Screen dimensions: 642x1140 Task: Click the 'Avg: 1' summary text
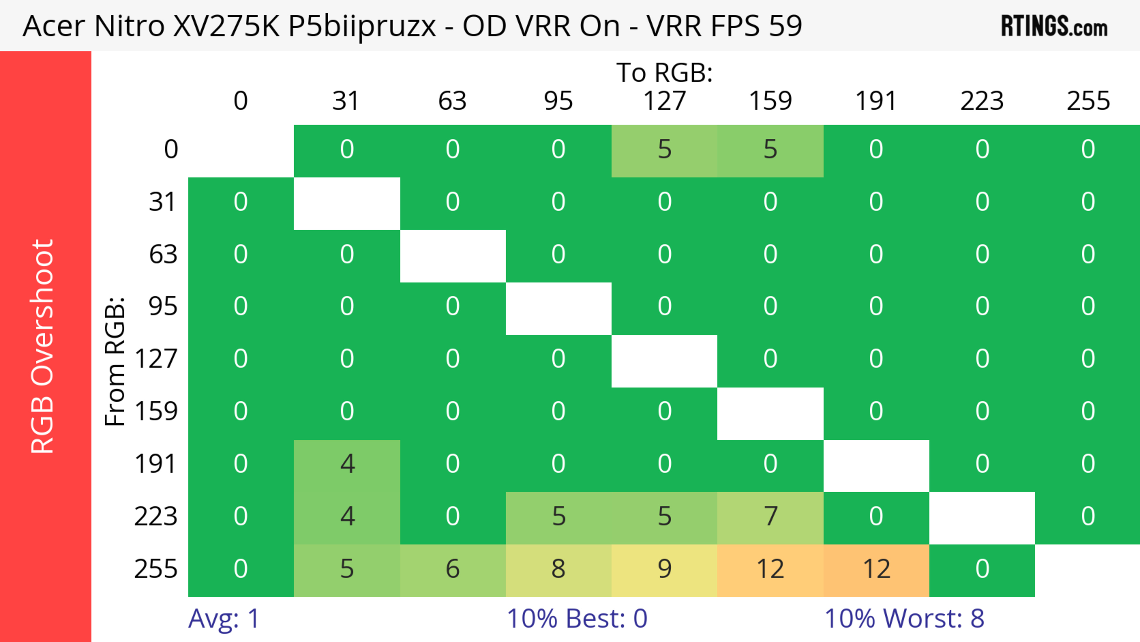click(x=224, y=619)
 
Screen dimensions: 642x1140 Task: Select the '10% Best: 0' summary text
click(x=577, y=619)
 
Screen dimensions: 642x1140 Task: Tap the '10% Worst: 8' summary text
click(x=904, y=619)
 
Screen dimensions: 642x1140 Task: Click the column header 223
click(x=982, y=101)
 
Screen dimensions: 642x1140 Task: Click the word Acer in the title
click(x=53, y=26)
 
